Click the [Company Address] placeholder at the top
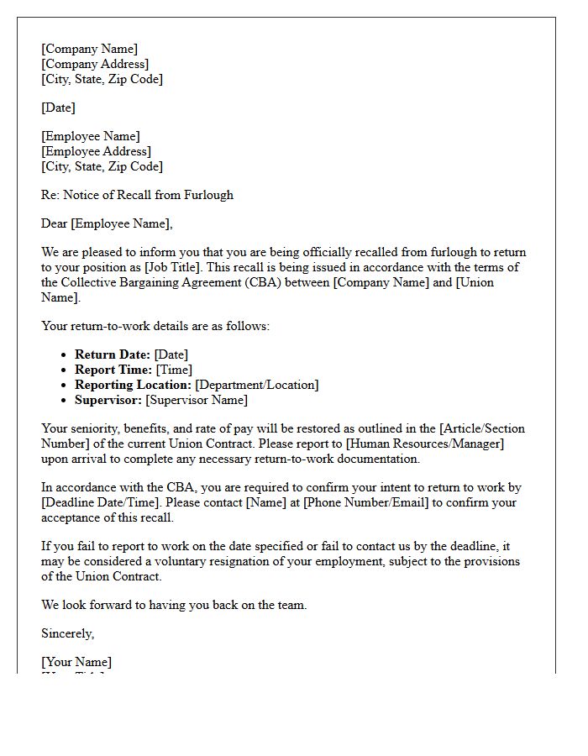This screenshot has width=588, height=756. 95,64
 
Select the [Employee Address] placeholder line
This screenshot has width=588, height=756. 96,151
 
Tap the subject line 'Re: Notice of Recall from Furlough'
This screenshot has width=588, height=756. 137,195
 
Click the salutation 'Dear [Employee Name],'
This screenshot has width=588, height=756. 107,223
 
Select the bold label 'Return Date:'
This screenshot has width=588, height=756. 113,354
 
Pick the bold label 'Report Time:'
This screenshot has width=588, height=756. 113,370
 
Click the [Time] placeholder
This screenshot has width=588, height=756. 173,370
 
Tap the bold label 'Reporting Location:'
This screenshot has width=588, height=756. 133,385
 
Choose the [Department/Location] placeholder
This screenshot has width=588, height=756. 257,385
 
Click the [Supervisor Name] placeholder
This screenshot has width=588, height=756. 197,400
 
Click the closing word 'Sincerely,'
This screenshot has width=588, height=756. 68,633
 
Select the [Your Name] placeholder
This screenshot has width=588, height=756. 76,662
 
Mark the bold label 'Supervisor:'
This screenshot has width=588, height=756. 108,400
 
